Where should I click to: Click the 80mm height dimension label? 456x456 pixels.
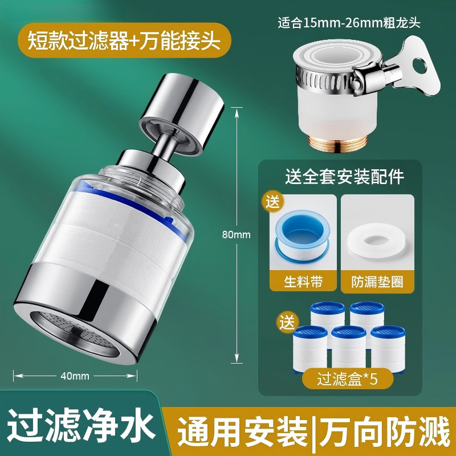tap(236, 234)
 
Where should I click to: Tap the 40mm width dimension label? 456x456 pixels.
tap(75, 376)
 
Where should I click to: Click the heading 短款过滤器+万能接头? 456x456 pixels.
tap(124, 40)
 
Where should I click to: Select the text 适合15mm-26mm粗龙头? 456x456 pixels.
tap(349, 23)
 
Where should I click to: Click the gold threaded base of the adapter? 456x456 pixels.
tap(338, 143)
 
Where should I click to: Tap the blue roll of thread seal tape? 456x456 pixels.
tap(303, 234)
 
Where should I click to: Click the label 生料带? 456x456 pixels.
tap(303, 282)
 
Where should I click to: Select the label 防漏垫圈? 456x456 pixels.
tap(377, 282)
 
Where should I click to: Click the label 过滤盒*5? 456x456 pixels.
tap(347, 378)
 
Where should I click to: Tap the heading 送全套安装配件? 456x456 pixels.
tap(345, 177)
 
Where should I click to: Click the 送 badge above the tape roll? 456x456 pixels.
tap(272, 201)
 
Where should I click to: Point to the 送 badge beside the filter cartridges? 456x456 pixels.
tap(287, 322)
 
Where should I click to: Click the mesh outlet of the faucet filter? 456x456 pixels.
tap(75, 333)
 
